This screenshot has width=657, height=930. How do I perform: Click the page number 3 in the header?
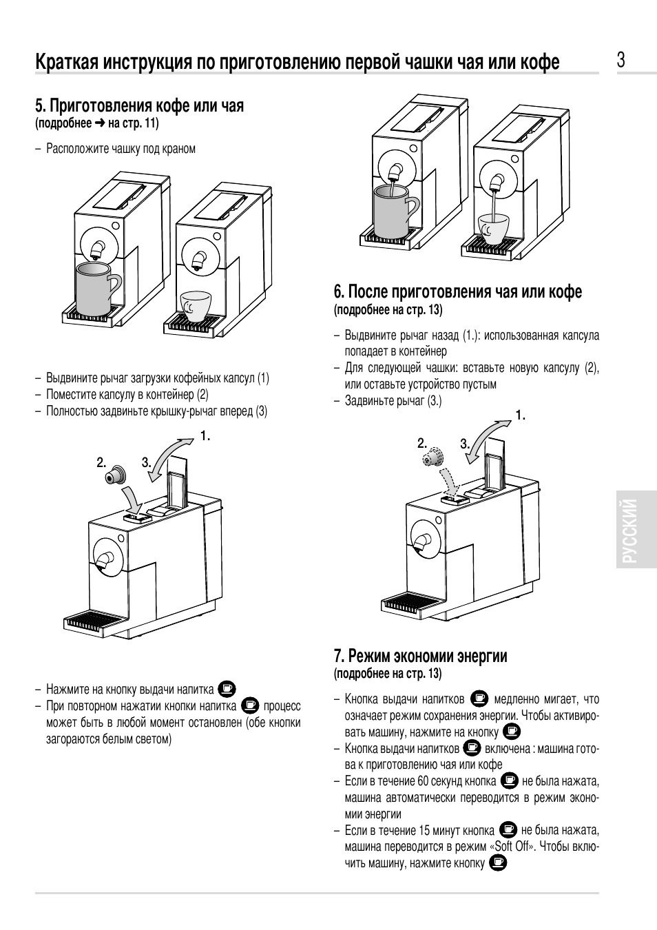click(x=620, y=60)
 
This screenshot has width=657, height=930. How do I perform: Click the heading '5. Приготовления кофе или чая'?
click(x=140, y=105)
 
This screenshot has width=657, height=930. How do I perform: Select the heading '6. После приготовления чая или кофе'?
click(x=458, y=291)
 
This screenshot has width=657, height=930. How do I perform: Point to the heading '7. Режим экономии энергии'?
click(x=421, y=656)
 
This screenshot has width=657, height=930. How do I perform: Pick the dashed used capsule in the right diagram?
click(x=432, y=457)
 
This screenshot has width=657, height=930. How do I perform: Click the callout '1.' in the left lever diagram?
click(x=205, y=436)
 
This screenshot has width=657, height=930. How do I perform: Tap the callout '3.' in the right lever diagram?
click(x=465, y=444)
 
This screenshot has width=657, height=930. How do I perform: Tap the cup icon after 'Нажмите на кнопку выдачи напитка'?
click(x=227, y=688)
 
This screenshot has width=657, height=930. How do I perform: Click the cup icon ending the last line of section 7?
click(x=499, y=862)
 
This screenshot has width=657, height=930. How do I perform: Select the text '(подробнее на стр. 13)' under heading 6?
click(x=388, y=310)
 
